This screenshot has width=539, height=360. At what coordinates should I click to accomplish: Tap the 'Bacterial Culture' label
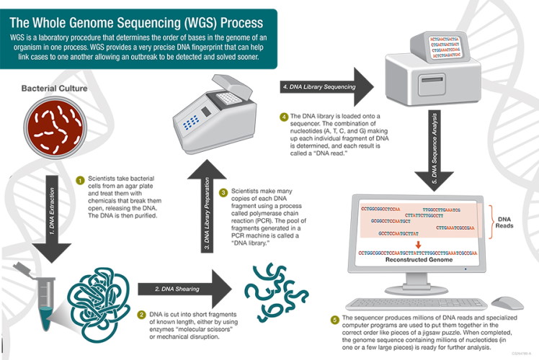(55, 89)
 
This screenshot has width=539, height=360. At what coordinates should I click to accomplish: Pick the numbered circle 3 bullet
(224, 192)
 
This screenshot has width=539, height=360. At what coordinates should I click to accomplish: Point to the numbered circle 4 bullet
(284, 117)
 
